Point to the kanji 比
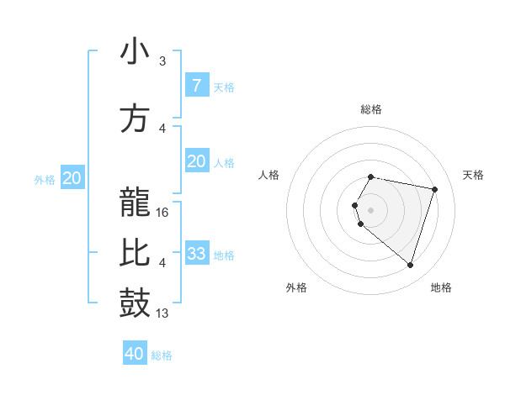[135, 252]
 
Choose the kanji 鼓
[135, 303]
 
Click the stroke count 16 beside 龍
[163, 213]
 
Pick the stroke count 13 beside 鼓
[163, 313]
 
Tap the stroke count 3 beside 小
[162, 61]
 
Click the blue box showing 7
[197, 86]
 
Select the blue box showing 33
[197, 254]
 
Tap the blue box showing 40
[135, 354]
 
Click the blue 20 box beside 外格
[72, 178]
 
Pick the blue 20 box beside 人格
[197, 162]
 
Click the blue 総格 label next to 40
[162, 355]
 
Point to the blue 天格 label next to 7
[224, 87]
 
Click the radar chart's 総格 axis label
[371, 109]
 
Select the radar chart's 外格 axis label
[296, 288]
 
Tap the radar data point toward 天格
[434, 189]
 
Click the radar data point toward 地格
[410, 266]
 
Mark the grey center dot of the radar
[371, 210]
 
